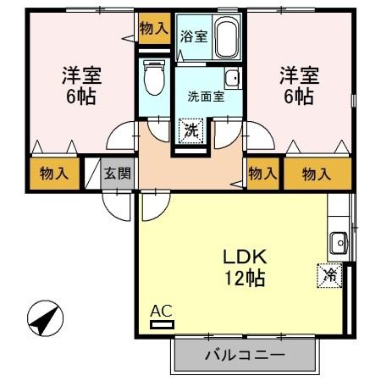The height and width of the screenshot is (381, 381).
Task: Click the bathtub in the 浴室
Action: pyautogui.click(x=226, y=38)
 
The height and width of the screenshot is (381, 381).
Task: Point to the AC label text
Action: pyautogui.click(x=160, y=311)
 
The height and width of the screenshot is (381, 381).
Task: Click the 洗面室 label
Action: pyautogui.click(x=206, y=96)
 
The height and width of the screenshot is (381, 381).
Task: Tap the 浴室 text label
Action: pyautogui.click(x=193, y=36)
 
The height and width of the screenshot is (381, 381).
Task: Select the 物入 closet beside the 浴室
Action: pyautogui.click(x=153, y=28)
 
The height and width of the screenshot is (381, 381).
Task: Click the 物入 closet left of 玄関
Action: pyautogui.click(x=54, y=174)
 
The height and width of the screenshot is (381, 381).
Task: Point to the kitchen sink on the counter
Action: pyautogui.click(x=340, y=241)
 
